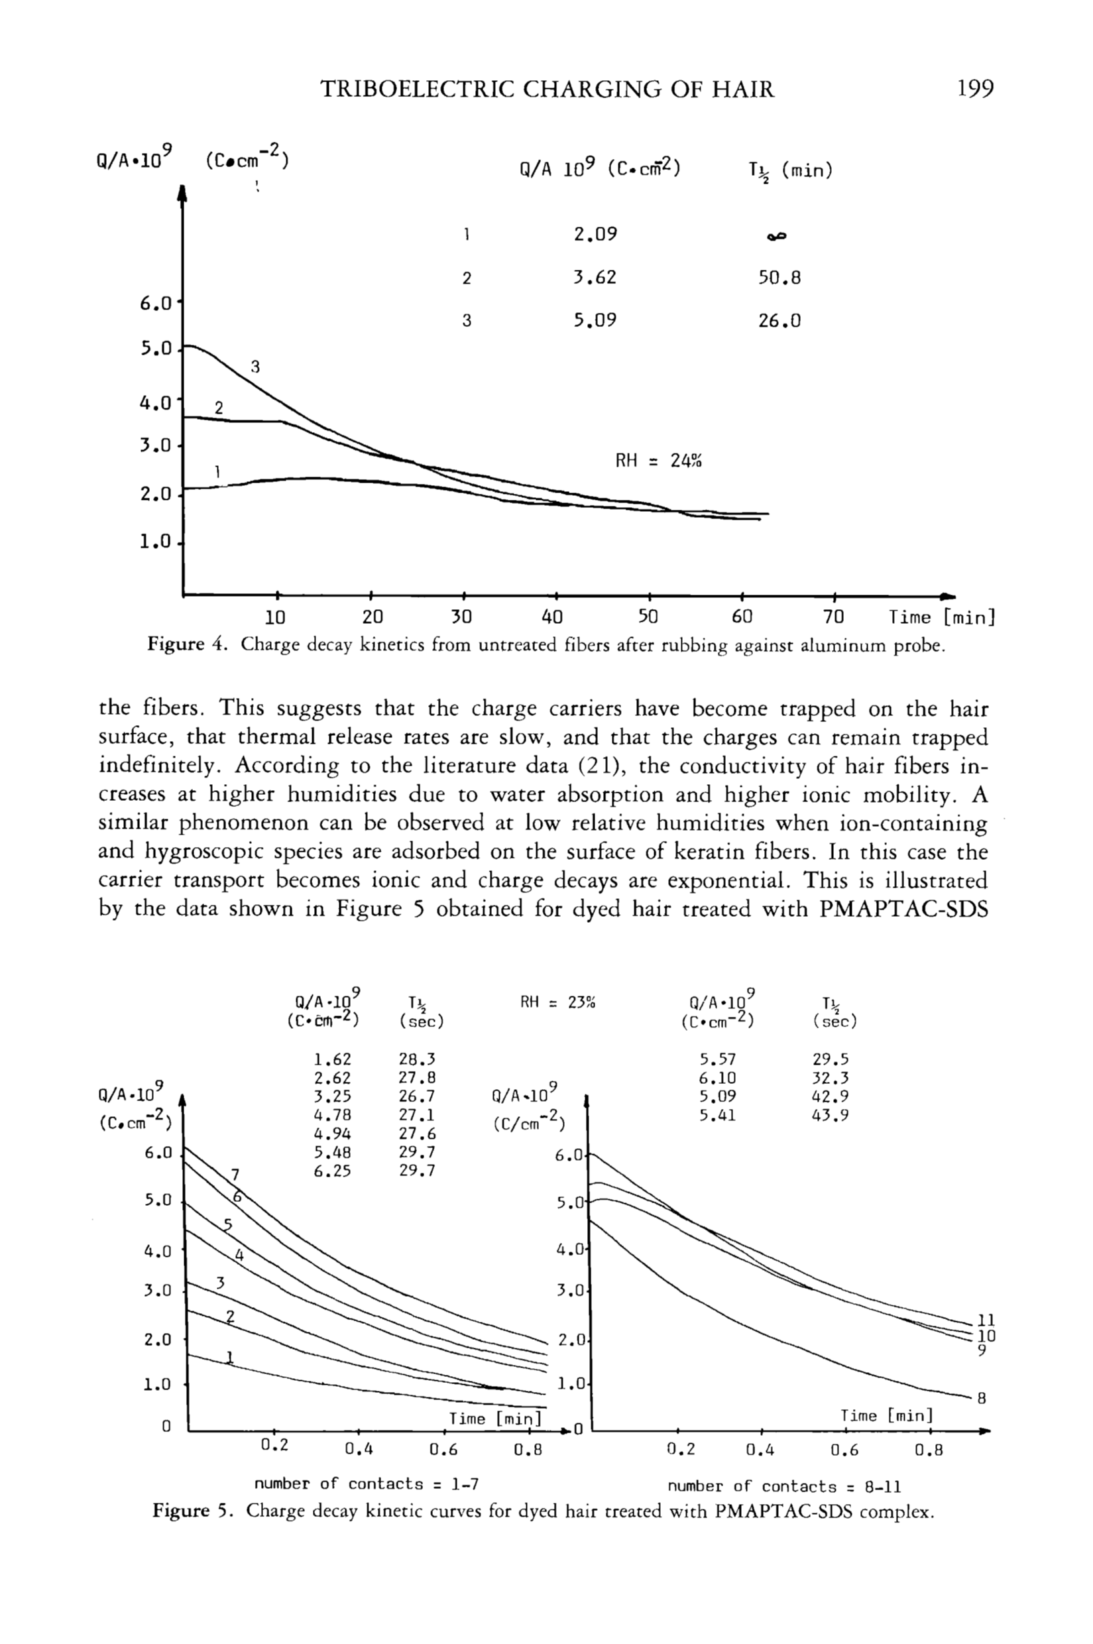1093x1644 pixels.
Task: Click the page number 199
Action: (975, 89)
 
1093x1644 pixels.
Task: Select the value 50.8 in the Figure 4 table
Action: (779, 278)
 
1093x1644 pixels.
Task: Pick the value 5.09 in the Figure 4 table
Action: (595, 321)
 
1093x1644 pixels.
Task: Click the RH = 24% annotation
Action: (658, 461)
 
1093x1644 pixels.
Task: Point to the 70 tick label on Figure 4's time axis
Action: (833, 617)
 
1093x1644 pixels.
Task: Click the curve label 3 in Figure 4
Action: (255, 367)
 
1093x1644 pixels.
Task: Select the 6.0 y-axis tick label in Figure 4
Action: (156, 305)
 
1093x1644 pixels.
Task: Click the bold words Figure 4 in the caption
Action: (188, 645)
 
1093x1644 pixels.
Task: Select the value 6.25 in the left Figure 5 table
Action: (332, 1171)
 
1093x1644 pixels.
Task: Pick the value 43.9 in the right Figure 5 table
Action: (831, 1116)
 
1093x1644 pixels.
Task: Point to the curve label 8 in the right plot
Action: (982, 1398)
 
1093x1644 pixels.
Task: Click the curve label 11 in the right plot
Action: (986, 1320)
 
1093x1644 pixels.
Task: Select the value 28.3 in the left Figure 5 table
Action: (417, 1059)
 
